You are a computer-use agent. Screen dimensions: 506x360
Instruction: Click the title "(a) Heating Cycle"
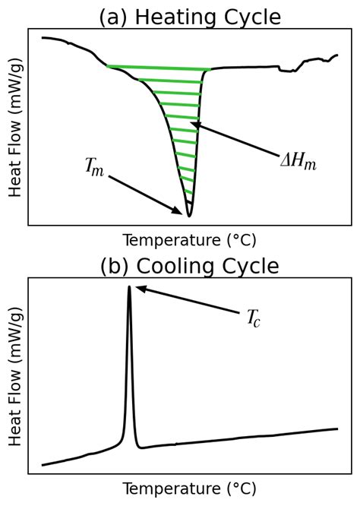point(190,17)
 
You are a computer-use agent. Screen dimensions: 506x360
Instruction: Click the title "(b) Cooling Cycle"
point(190,266)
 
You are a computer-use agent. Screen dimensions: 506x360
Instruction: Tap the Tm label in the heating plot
point(94,168)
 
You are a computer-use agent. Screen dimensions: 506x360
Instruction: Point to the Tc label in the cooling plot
point(253,318)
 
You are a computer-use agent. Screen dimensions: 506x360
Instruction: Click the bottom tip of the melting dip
point(189,216)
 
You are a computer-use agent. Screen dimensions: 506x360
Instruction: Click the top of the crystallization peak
point(129,287)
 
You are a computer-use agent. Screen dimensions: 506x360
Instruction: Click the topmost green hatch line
point(158,68)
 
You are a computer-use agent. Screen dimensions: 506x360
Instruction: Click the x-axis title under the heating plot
point(190,240)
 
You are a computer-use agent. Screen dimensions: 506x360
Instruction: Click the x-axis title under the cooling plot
point(190,489)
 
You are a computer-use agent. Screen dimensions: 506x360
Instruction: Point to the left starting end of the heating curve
point(43,37)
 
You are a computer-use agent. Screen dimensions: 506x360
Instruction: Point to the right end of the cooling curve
point(337,429)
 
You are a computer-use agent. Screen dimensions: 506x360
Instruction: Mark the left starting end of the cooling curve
point(43,464)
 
